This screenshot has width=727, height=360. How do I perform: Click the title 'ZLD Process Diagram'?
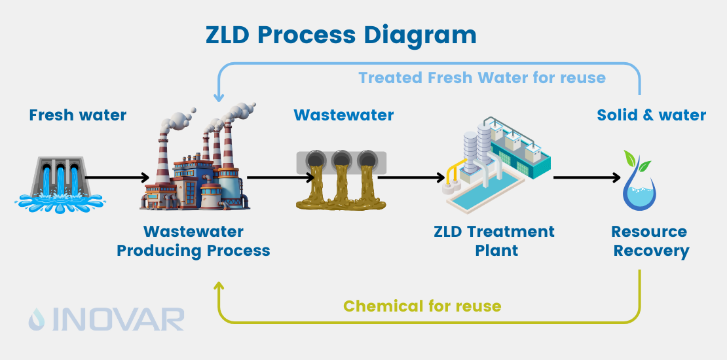point(341,35)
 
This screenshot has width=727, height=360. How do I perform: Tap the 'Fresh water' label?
point(77,116)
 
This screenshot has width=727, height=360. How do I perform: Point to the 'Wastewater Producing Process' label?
point(193,241)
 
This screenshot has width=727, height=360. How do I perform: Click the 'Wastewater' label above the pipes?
point(344,116)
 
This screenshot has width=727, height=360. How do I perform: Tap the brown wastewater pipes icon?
point(341,180)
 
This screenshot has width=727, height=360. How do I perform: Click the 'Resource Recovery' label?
point(650,241)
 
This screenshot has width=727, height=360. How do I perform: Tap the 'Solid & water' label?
point(651,116)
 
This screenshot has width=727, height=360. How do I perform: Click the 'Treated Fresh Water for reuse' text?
point(482,78)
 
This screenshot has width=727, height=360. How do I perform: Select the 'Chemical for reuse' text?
point(422,306)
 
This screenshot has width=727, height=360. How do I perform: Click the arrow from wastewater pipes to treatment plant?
point(411,177)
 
